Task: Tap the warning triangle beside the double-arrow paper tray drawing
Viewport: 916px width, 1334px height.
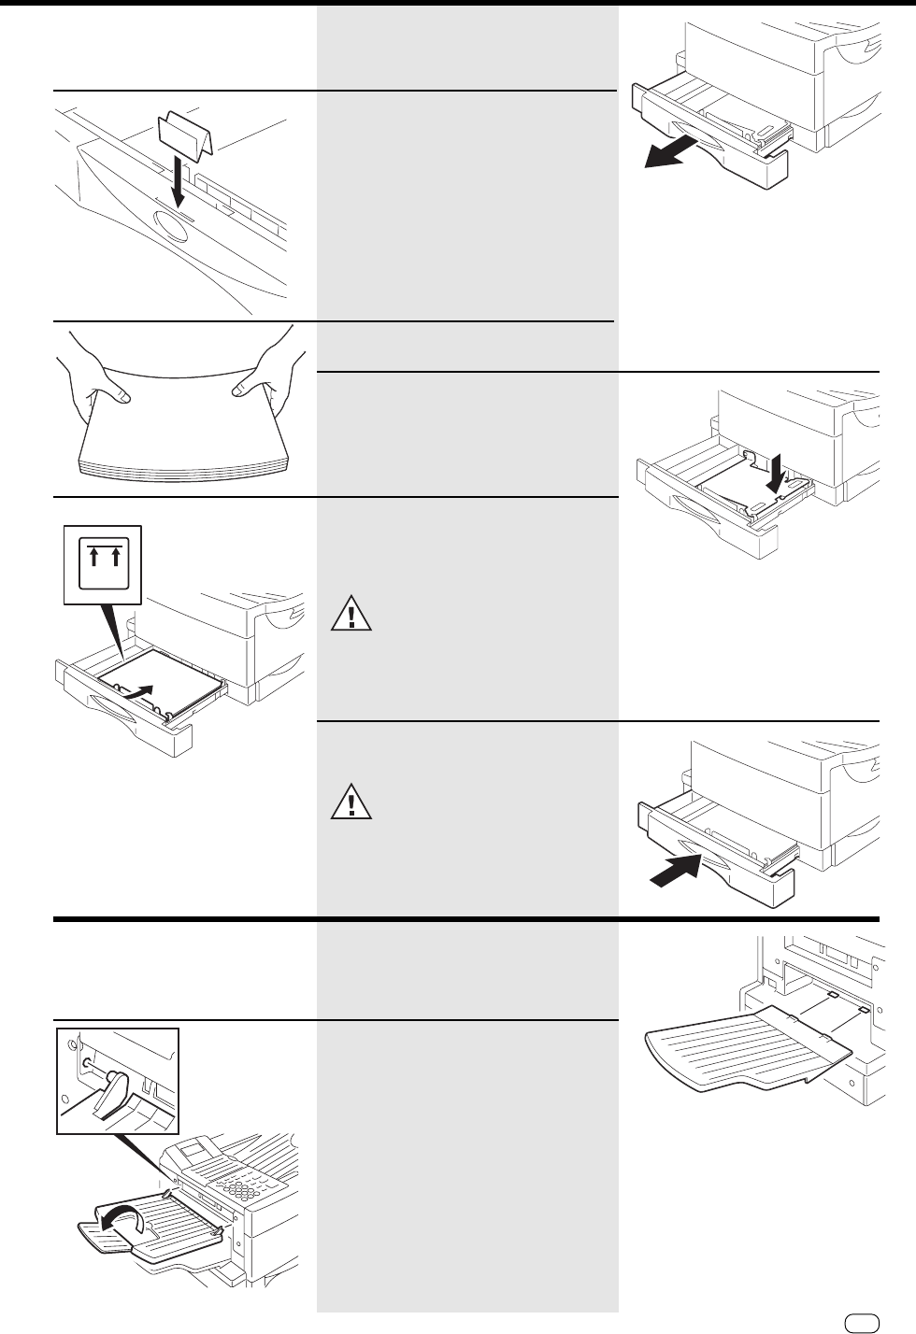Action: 351,614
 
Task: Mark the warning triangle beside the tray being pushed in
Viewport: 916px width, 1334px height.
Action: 351,802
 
